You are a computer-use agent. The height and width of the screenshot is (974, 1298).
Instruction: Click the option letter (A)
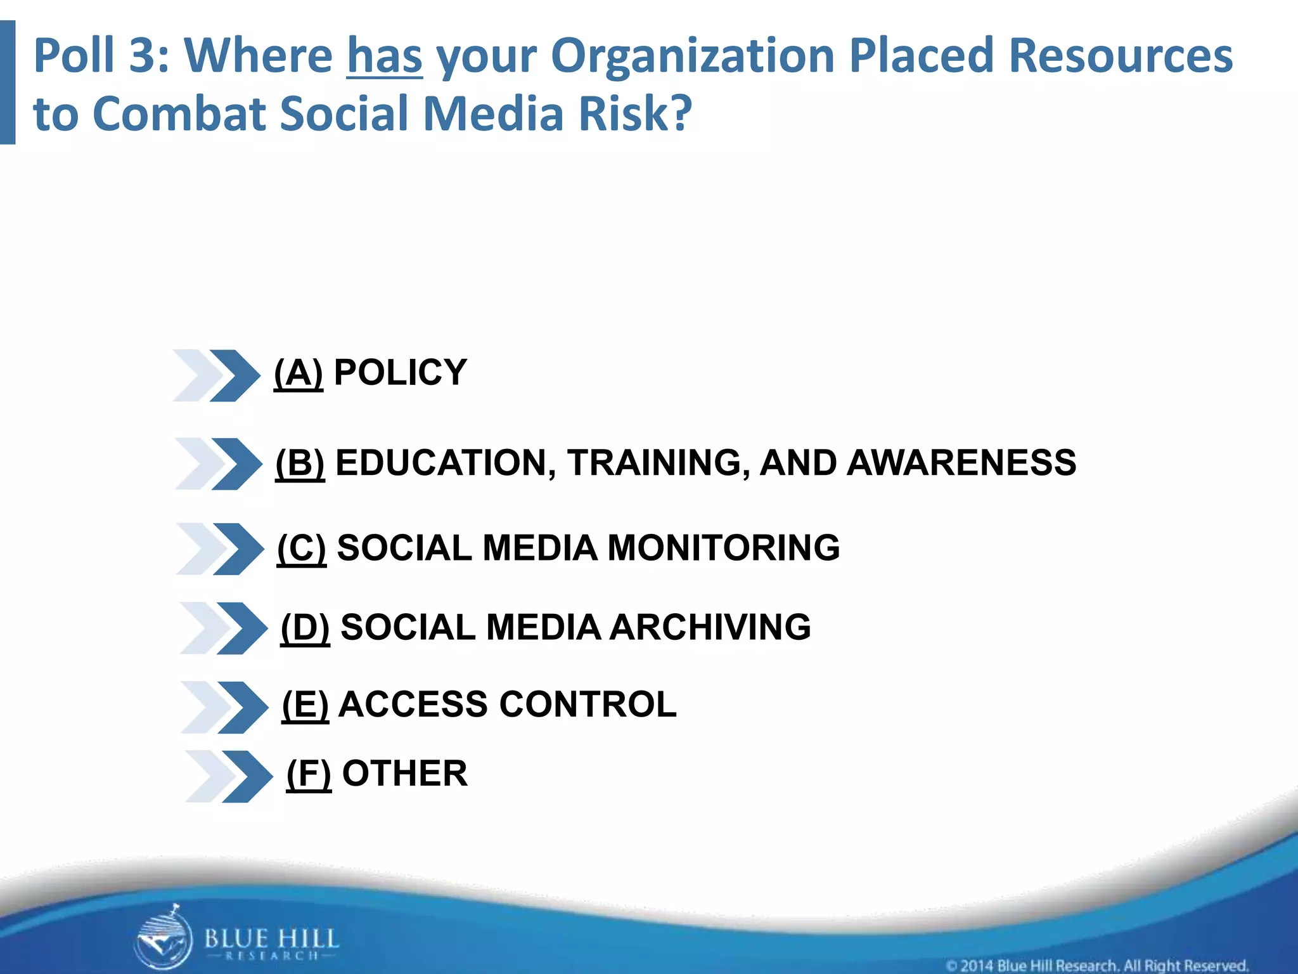click(298, 373)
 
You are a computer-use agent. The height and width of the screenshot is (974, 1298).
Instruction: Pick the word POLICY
click(400, 373)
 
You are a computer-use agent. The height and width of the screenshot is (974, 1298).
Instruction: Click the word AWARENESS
click(961, 463)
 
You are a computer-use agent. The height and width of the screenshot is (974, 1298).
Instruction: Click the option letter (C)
click(302, 549)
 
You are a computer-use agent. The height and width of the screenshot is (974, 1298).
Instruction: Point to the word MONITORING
click(723, 549)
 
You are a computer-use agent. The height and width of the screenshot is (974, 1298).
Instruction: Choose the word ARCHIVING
click(710, 628)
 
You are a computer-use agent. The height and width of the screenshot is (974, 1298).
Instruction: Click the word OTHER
click(404, 774)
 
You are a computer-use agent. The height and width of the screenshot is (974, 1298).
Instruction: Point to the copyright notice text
click(1096, 965)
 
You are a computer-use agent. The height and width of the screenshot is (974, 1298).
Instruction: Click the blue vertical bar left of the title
click(8, 82)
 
